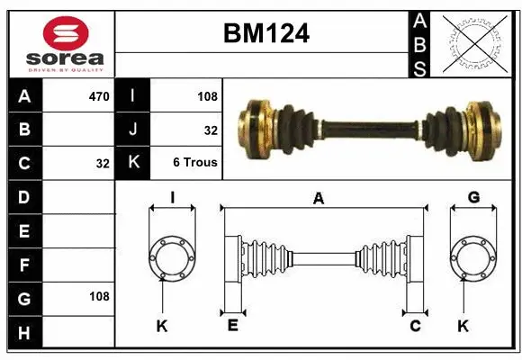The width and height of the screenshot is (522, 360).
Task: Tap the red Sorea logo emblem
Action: (x=67, y=34)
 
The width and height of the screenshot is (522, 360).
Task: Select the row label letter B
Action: (x=24, y=130)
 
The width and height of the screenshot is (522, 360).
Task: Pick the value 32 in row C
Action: (x=102, y=164)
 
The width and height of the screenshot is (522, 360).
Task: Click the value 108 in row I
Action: (x=208, y=95)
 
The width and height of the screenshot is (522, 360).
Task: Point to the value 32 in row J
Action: (x=211, y=130)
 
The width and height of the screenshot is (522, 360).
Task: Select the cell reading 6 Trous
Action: (x=195, y=164)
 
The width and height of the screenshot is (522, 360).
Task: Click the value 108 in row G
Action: (x=99, y=296)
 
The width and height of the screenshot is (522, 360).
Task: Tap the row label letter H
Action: (x=24, y=332)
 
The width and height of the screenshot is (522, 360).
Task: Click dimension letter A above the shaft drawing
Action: (x=318, y=199)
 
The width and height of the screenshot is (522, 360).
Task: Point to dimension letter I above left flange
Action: (x=172, y=197)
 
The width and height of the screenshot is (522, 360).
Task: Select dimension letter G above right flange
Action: (x=473, y=197)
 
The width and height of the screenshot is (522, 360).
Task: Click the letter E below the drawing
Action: (x=232, y=326)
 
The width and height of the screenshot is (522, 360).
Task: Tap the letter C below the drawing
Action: (x=415, y=326)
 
